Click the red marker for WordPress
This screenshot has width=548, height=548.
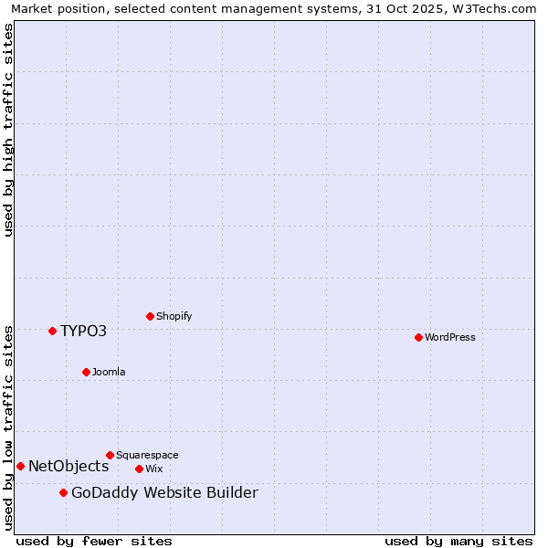[x=418, y=337]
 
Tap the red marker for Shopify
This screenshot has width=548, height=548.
[x=150, y=316]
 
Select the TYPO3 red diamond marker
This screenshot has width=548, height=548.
[x=52, y=331]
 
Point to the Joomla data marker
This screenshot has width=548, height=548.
[x=86, y=372]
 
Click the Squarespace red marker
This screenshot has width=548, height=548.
[x=110, y=455]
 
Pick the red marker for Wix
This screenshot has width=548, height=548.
[x=139, y=469]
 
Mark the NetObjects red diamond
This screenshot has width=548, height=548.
[x=20, y=466]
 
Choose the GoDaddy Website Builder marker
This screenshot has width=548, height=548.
[x=63, y=492]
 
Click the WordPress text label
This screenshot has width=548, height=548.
[x=450, y=337]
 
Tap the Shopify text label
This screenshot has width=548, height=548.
[x=174, y=316]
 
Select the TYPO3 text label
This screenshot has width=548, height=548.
[x=84, y=331]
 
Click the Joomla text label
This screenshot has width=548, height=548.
[x=109, y=372]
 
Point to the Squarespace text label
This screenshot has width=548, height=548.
[x=147, y=455]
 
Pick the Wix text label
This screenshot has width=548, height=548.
[x=154, y=469]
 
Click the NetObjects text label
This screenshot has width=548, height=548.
[x=68, y=466]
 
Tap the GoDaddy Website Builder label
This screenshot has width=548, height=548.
[x=164, y=493]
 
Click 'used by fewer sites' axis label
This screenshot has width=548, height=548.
[x=94, y=541]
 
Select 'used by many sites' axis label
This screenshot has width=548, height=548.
[x=458, y=541]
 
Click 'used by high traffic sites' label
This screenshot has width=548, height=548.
[x=9, y=130]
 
